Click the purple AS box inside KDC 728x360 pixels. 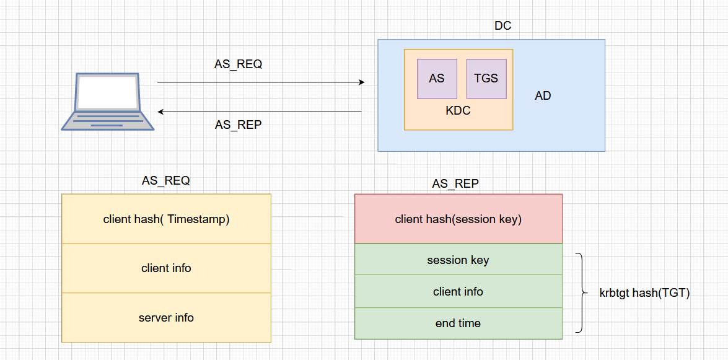coord(437,79)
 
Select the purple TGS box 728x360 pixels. coord(486,79)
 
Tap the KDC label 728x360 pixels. coord(458,111)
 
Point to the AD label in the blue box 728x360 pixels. coord(543,96)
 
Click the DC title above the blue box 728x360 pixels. coord(502,26)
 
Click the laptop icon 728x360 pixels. coord(107,102)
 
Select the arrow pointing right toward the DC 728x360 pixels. coord(260,82)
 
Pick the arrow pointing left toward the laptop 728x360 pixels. coord(260,112)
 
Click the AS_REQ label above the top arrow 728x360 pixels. coord(238,64)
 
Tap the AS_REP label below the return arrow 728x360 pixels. coord(238,125)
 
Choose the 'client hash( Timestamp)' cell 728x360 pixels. coord(166,219)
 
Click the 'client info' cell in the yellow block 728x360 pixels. coord(166,268)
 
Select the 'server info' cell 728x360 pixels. coord(166,318)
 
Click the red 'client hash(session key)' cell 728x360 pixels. coord(458,219)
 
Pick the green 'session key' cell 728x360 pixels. coord(458,260)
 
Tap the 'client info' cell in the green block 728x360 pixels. coord(458,291)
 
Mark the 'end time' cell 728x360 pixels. coord(458,323)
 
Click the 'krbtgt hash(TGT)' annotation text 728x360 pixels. coord(644,293)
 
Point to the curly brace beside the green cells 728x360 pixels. coord(581,292)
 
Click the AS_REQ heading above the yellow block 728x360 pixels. coord(165,181)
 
